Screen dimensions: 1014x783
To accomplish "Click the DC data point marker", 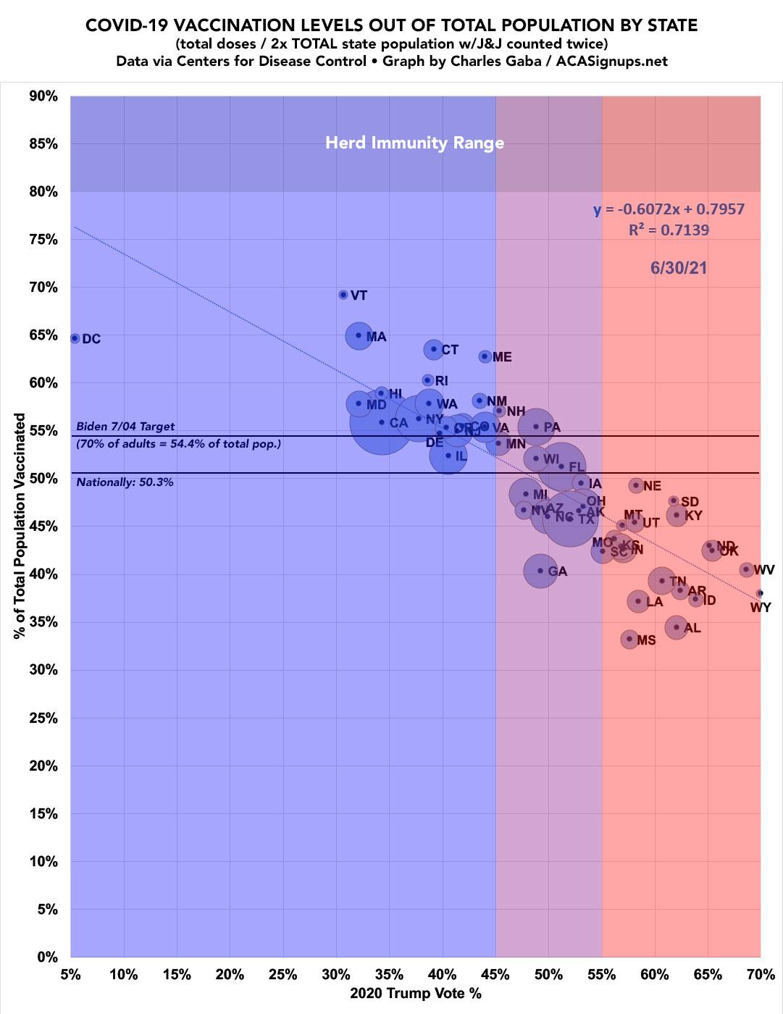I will tap(75, 338).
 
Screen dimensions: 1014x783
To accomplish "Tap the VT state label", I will tap(359, 296).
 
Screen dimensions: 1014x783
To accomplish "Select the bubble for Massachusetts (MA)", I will tap(359, 335).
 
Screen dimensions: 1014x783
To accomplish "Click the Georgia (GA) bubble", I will tap(540, 571).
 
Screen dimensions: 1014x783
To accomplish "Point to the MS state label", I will tap(646, 641).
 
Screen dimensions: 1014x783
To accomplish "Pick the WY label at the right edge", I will tap(761, 608).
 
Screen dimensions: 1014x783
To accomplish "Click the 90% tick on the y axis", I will tap(43, 96).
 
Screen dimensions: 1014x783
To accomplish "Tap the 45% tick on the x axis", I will tap(495, 974).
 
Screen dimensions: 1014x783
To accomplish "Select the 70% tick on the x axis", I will tap(760, 974).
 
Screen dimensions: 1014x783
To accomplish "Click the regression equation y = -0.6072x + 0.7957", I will tap(669, 210).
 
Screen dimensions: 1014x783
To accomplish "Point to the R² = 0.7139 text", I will tap(669, 230).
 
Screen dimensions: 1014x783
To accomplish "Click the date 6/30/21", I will tap(678, 268).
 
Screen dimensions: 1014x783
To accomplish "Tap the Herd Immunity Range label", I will tap(414, 143).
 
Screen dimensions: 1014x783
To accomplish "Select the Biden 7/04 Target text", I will tap(125, 427).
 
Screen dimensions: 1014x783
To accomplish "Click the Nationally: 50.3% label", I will tap(125, 482).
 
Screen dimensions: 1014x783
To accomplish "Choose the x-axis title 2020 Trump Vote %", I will tap(415, 994).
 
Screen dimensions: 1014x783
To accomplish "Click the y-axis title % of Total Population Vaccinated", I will tap(20, 526).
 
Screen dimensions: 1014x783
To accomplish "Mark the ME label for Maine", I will tap(502, 357).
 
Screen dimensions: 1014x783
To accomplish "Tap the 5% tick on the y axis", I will tap(46, 909).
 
